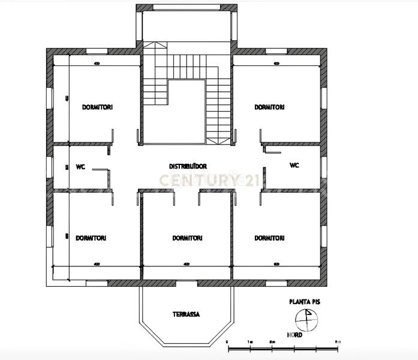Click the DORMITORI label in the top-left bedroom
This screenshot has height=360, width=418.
(x=97, y=107)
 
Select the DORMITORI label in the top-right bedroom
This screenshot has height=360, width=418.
(x=269, y=107)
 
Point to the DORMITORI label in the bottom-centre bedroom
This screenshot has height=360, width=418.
(x=187, y=238)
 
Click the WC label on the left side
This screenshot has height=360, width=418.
(x=80, y=168)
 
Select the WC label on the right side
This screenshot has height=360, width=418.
(x=294, y=165)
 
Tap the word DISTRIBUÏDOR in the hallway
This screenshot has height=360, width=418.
(x=188, y=165)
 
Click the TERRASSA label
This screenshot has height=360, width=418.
(x=186, y=314)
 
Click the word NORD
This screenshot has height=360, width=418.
(x=294, y=335)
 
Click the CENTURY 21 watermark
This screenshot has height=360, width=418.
(x=200, y=179)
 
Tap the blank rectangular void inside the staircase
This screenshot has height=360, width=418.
(x=187, y=111)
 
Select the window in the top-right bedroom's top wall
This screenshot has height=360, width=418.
(x=277, y=52)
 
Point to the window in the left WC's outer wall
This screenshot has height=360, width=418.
(x=50, y=166)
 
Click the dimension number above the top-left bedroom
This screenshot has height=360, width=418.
(x=96, y=63)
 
